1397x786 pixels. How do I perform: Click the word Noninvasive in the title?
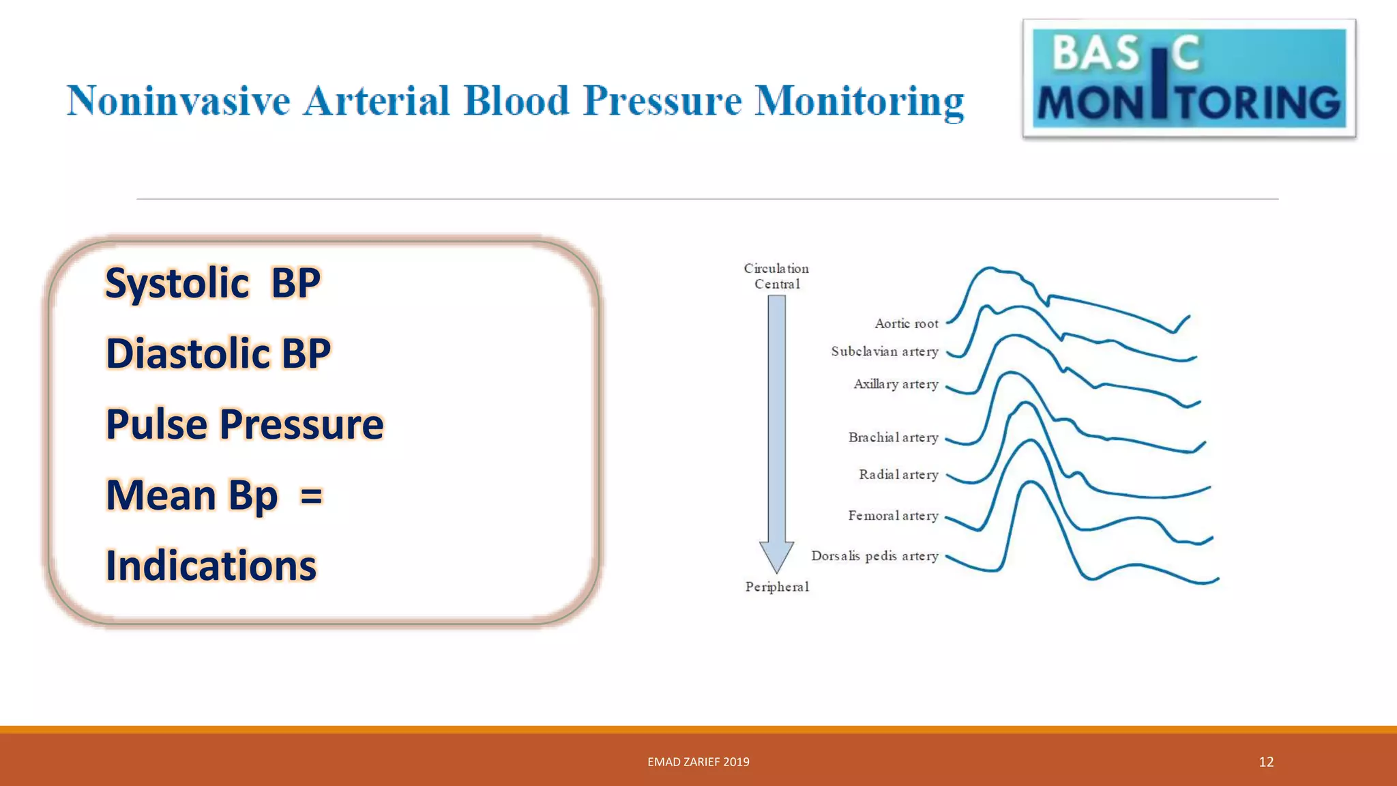pyautogui.click(x=179, y=101)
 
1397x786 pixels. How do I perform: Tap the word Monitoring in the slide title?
pyautogui.click(x=859, y=101)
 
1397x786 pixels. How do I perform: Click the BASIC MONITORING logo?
pyautogui.click(x=1188, y=78)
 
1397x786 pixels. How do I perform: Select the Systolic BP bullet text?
pyautogui.click(x=212, y=282)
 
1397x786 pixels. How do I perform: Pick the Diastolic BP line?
pyautogui.click(x=218, y=353)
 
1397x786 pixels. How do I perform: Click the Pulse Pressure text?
pyautogui.click(x=244, y=424)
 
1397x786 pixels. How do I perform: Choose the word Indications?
pyautogui.click(x=211, y=566)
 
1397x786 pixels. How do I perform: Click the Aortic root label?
pyautogui.click(x=906, y=323)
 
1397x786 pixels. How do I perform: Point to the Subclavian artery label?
pyautogui.click(x=884, y=351)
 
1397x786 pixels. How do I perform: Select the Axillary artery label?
pyautogui.click(x=896, y=384)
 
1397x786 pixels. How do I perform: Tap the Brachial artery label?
pyautogui.click(x=893, y=437)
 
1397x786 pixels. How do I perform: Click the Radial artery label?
pyautogui.click(x=898, y=474)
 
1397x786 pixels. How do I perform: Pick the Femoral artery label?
pyautogui.click(x=893, y=516)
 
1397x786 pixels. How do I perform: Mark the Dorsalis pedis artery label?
pyautogui.click(x=874, y=556)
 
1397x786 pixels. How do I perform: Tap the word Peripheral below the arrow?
pyautogui.click(x=777, y=587)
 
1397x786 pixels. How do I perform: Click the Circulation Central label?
pyautogui.click(x=776, y=276)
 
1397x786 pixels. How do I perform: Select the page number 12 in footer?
pyautogui.click(x=1266, y=762)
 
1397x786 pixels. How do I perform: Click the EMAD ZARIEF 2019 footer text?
pyautogui.click(x=698, y=762)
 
